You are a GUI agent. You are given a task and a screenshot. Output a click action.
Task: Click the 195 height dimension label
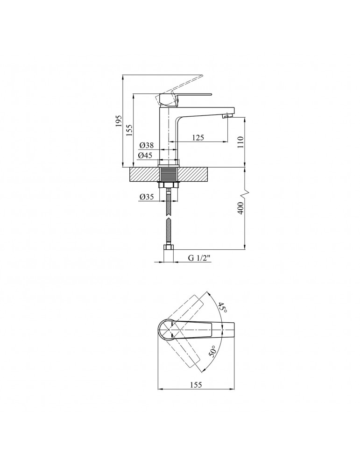[x=119, y=121]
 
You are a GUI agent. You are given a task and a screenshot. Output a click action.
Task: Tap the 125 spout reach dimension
[x=198, y=137]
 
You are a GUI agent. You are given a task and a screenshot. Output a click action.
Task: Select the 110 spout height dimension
[x=240, y=142]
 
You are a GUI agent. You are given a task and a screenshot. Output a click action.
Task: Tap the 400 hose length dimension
[x=240, y=208]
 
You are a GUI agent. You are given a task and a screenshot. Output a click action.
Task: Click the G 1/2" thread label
[x=199, y=258]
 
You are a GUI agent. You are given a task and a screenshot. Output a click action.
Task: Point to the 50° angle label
[x=212, y=352]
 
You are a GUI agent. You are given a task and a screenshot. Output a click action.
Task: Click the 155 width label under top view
[x=196, y=385]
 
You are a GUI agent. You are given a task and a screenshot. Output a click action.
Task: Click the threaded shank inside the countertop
[x=169, y=174]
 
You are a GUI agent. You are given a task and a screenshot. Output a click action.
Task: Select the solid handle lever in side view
[x=184, y=99]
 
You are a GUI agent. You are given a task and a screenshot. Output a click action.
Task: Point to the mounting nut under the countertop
[x=169, y=184]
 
